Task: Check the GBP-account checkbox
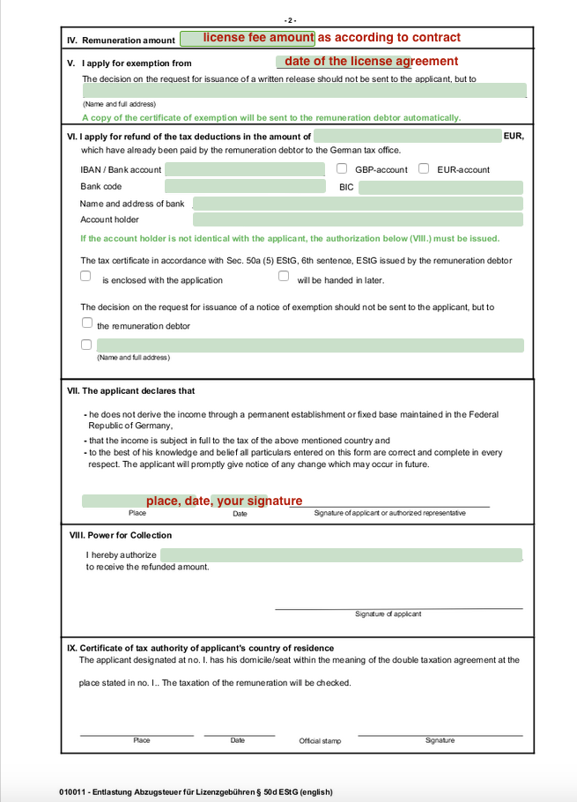click(342, 168)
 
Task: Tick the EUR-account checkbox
click(424, 168)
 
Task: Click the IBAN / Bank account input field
click(245, 169)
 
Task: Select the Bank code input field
click(245, 187)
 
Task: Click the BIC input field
click(440, 188)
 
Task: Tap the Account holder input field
click(358, 220)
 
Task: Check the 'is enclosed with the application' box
click(85, 276)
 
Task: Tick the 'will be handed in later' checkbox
click(284, 276)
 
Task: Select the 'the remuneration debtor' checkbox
click(86, 323)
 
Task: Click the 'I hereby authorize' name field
click(341, 555)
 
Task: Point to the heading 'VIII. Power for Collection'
click(121, 535)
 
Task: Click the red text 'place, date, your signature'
click(224, 501)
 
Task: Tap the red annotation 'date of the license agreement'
click(371, 61)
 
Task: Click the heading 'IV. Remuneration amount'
click(121, 41)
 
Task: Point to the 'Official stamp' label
click(320, 741)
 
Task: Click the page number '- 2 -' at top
click(290, 19)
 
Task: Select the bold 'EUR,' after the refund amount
click(514, 136)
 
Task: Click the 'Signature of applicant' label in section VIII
click(388, 614)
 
